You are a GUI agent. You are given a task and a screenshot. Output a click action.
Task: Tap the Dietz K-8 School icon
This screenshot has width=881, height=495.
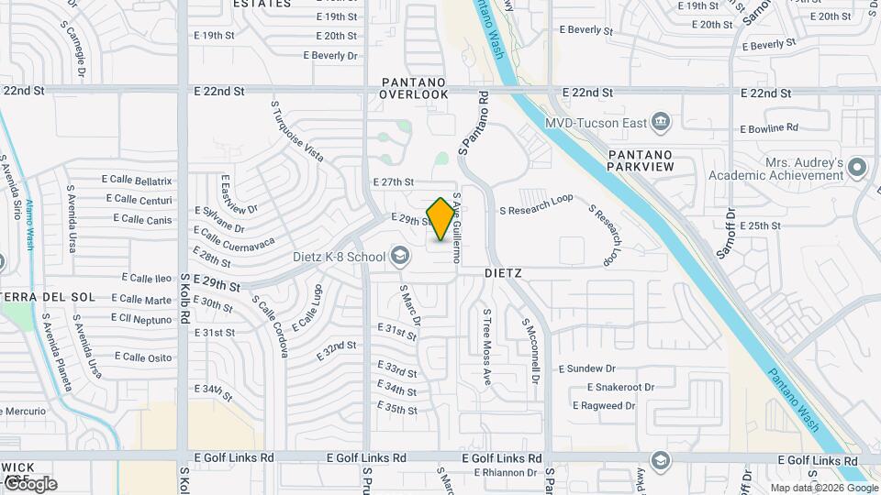coord(399,256)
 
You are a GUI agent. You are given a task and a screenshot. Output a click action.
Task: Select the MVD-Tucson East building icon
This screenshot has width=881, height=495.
coord(660,122)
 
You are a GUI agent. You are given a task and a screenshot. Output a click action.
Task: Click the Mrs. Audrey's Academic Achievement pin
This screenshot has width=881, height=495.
coord(857,167)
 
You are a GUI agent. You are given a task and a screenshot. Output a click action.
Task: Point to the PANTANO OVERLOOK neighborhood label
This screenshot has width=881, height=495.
coord(415,88)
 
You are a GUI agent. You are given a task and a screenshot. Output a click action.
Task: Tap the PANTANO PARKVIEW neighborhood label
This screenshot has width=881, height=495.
coord(641,160)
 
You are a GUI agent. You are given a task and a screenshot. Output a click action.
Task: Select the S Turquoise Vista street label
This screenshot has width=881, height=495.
coord(296,131)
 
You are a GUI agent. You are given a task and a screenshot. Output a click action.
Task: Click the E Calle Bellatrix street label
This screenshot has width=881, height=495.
coord(138,181)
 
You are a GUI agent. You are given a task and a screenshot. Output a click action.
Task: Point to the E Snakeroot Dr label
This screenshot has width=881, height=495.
coord(620,387)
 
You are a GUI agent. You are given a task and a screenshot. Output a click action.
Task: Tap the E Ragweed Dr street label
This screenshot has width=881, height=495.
coord(604,405)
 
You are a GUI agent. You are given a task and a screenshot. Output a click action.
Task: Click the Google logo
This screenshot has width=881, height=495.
coord(29,483)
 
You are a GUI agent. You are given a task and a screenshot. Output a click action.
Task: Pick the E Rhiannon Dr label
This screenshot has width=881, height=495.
coord(505,472)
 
